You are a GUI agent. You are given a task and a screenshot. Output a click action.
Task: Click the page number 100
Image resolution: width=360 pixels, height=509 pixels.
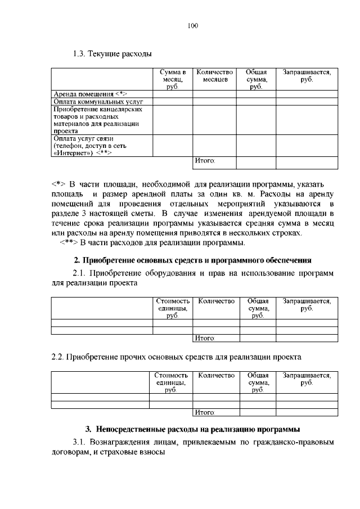(x=193, y=26)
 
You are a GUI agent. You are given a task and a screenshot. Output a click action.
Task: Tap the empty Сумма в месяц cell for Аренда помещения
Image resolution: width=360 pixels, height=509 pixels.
(x=172, y=94)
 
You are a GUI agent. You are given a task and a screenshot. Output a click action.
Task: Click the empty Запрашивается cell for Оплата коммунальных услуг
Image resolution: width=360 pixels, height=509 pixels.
(x=306, y=102)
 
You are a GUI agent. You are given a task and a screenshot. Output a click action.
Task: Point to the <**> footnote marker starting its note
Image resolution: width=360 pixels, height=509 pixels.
(x=69, y=243)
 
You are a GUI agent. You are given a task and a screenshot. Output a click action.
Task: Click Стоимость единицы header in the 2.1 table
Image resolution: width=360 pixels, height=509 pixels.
(x=172, y=309)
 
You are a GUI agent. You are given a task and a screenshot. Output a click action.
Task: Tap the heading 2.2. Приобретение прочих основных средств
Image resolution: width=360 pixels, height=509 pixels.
(x=176, y=357)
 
